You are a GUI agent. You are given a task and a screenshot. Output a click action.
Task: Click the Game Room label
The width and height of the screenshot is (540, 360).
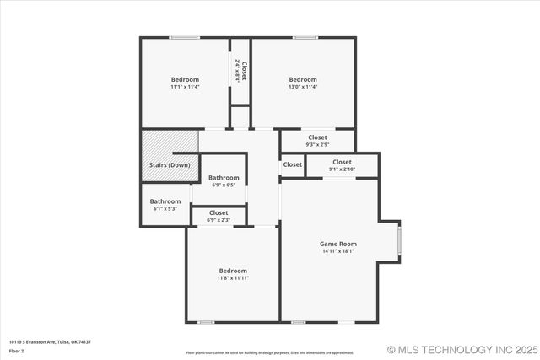pos(337,244)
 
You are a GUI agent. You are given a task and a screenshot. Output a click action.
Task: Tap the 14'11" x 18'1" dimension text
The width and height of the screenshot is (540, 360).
pos(337,251)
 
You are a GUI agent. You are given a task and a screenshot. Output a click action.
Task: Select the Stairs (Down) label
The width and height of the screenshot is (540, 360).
pos(170,165)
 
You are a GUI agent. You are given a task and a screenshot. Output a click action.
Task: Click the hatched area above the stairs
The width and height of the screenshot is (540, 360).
pos(169,142)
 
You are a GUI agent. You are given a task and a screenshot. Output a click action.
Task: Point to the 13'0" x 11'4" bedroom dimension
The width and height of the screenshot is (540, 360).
pos(302,87)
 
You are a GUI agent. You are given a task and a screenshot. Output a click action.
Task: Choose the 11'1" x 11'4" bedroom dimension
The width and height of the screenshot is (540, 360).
pos(185,87)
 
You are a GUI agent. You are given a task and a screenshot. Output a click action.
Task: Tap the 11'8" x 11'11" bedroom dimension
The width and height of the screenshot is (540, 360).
pos(233,277)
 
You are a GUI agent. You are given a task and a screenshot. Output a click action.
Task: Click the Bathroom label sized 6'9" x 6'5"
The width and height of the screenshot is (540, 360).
pos(224,178)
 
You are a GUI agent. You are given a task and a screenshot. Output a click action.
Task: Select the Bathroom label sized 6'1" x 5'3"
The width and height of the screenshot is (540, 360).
pos(165,201)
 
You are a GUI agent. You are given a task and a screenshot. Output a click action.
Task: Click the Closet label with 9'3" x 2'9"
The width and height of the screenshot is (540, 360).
pos(317,137)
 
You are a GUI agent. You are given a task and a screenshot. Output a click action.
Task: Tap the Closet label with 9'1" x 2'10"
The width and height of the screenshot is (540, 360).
pos(342,162)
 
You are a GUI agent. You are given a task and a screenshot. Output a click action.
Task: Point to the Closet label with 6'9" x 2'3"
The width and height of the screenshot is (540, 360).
pos(219,213)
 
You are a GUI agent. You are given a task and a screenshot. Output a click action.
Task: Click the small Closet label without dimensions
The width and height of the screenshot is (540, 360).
pos(292,164)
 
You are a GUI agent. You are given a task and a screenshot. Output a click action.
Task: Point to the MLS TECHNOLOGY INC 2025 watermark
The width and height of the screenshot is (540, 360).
pos(461,349)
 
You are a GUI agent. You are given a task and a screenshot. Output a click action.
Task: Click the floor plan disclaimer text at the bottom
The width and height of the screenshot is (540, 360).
pos(270,352)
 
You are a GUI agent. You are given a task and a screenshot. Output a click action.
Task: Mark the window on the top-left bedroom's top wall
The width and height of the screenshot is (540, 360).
pos(184,37)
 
